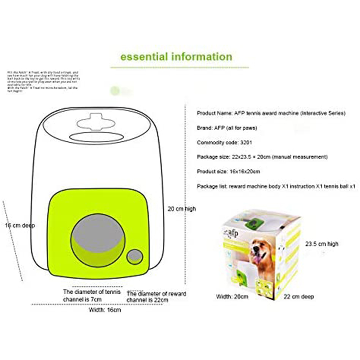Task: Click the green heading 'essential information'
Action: point(176,57)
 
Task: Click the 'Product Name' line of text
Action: point(271,113)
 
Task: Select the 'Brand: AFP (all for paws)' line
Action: point(227,128)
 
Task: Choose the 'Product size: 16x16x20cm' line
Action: point(229,171)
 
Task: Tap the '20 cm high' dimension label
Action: point(181,209)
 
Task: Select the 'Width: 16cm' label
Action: point(104,310)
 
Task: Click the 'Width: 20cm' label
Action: point(232,297)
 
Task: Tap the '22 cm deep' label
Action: point(299,297)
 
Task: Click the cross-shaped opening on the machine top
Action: point(96,123)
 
